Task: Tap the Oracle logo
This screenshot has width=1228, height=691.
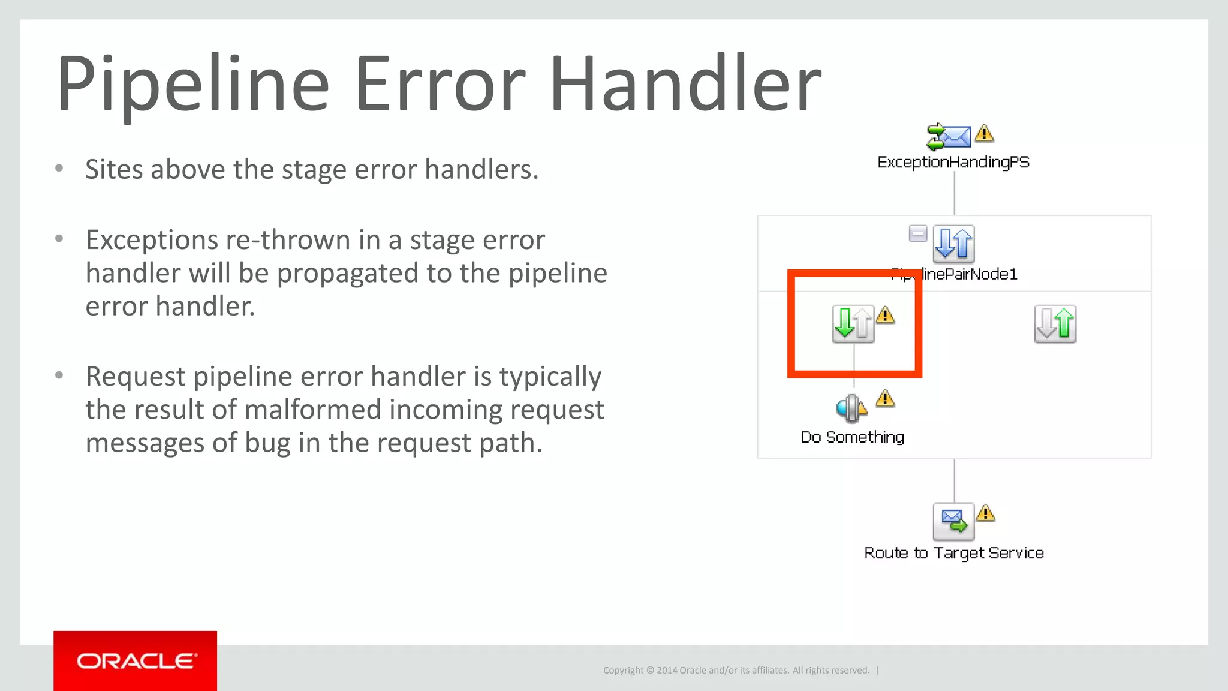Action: pyautogui.click(x=136, y=661)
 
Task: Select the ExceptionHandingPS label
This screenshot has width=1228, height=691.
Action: pyautogui.click(x=953, y=162)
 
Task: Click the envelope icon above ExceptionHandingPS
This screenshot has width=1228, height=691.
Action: pyautogui.click(x=949, y=136)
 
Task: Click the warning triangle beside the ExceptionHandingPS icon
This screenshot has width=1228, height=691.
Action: pyautogui.click(x=984, y=133)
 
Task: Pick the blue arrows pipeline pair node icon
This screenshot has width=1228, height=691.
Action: pyautogui.click(x=953, y=244)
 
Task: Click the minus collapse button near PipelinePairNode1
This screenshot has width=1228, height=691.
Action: pyautogui.click(x=918, y=233)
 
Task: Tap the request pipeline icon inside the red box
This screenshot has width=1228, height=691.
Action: pyautogui.click(x=853, y=324)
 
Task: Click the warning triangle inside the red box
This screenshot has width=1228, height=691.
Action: pyautogui.click(x=885, y=315)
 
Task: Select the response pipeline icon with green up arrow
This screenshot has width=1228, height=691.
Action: pyautogui.click(x=1055, y=324)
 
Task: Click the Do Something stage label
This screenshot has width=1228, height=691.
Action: pyautogui.click(x=853, y=437)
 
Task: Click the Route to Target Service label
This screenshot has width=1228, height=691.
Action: pyautogui.click(x=953, y=553)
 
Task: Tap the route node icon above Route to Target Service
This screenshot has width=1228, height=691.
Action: pyautogui.click(x=953, y=521)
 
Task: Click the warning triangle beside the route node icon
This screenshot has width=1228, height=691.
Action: pyautogui.click(x=985, y=513)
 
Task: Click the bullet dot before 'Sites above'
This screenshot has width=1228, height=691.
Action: pyautogui.click(x=59, y=169)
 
